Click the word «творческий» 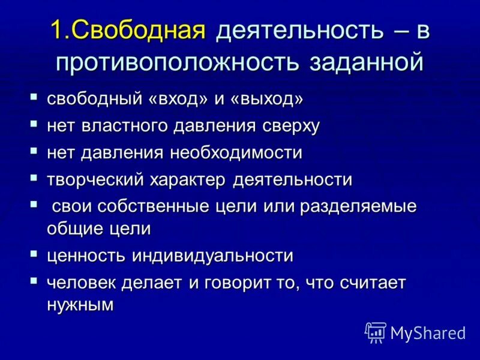(x=95, y=179)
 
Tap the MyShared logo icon (x=376, y=331)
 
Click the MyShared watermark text (x=428, y=332)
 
